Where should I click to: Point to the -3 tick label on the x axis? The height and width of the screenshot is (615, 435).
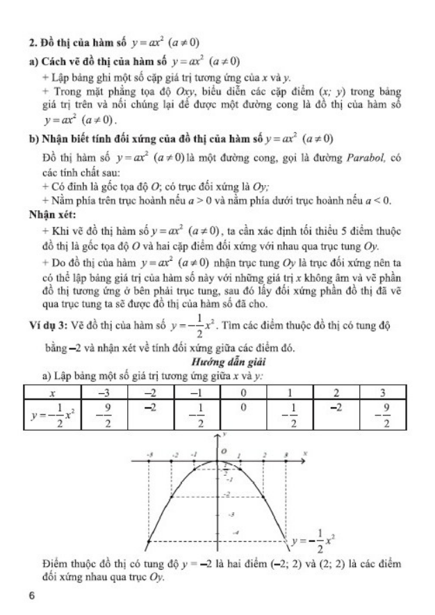(x=149, y=454)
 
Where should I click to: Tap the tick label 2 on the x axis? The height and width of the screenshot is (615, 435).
(x=265, y=454)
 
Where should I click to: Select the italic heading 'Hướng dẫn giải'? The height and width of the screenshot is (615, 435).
(x=217, y=363)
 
